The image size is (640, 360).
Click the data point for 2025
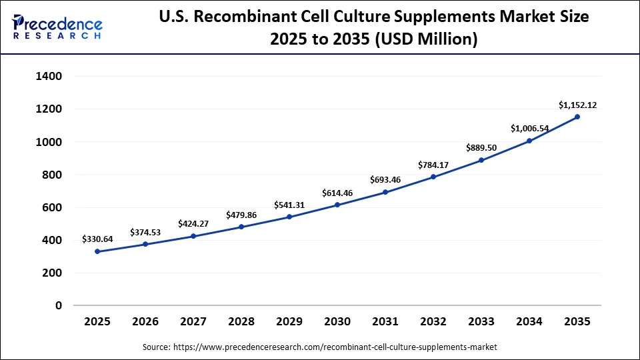[x=97, y=251]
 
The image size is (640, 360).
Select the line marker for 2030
[x=337, y=205]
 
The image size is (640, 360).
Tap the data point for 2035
[x=577, y=117]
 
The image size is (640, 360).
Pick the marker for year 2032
[x=433, y=177]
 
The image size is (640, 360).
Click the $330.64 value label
[x=97, y=239]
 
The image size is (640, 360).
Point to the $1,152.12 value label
[x=577, y=105]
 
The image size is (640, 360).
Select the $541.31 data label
[x=289, y=205]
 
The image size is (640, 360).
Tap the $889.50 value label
[x=481, y=148]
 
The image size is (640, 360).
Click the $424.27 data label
[x=193, y=224]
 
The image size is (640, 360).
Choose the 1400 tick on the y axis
[x=49, y=77]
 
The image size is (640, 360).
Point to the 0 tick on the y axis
[x=59, y=305]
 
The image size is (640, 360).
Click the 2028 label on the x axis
[x=241, y=322]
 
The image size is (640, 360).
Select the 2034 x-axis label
[x=529, y=322]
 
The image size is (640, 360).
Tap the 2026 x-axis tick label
[x=145, y=322]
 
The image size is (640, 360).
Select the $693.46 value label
[x=385, y=180]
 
